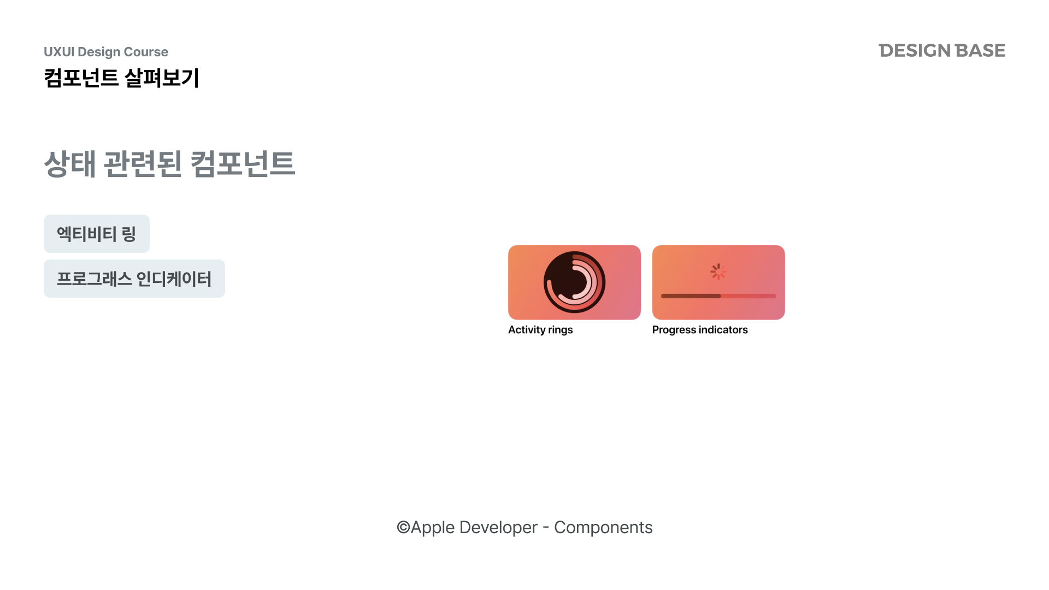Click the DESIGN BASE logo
(x=942, y=50)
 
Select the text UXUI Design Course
(x=106, y=52)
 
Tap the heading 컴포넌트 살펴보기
(x=121, y=78)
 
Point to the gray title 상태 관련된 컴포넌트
(x=169, y=163)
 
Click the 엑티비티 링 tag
(x=97, y=234)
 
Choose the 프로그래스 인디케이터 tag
(x=134, y=279)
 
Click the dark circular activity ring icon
(x=574, y=282)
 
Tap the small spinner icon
(x=718, y=272)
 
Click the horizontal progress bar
(x=718, y=296)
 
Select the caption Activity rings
(x=540, y=330)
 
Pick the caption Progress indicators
(x=700, y=330)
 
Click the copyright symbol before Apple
(x=403, y=527)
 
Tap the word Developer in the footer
(x=498, y=528)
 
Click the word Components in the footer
(x=603, y=528)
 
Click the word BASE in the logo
(x=980, y=50)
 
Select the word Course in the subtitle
(x=146, y=52)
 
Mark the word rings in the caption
(x=561, y=331)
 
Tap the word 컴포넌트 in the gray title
(x=243, y=163)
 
